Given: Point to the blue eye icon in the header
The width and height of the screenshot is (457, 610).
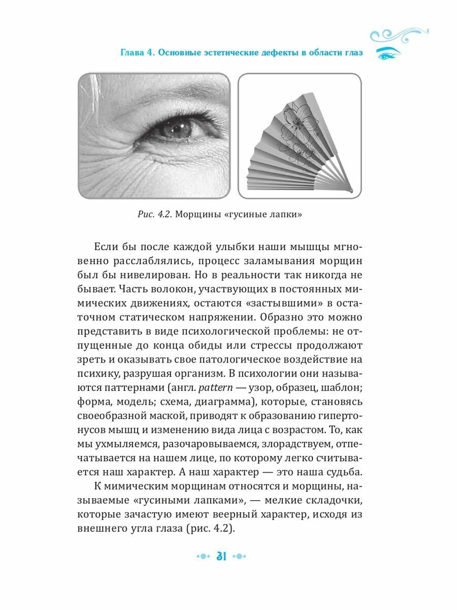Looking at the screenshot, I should (388, 53).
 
